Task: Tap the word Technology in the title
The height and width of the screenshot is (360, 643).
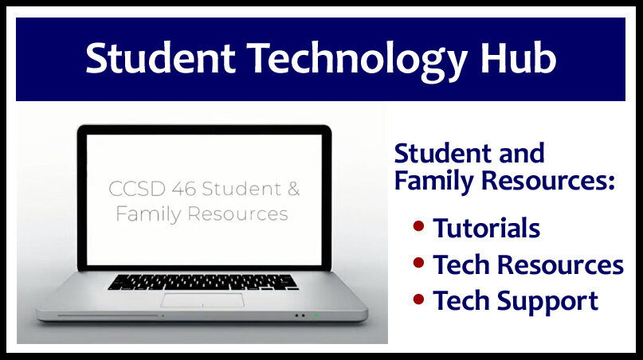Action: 357,61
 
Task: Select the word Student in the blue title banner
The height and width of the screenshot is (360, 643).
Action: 160,58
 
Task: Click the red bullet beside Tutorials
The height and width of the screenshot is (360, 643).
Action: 418,226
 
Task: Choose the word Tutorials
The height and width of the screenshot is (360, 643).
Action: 487,228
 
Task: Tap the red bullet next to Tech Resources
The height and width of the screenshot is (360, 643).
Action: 418,262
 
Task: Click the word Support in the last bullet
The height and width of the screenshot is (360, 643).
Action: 548,302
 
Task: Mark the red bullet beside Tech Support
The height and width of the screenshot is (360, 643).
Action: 418,299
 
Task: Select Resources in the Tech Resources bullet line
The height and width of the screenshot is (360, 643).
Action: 561,265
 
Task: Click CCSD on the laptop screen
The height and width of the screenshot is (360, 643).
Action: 137,189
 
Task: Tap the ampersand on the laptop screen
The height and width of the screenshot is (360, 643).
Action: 294,189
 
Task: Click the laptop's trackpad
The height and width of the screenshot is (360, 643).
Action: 202,300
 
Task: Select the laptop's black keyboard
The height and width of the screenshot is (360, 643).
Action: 203,282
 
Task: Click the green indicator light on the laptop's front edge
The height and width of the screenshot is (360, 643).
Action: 316,315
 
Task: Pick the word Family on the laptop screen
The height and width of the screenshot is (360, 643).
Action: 148,214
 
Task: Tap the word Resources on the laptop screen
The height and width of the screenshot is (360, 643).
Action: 238,213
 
